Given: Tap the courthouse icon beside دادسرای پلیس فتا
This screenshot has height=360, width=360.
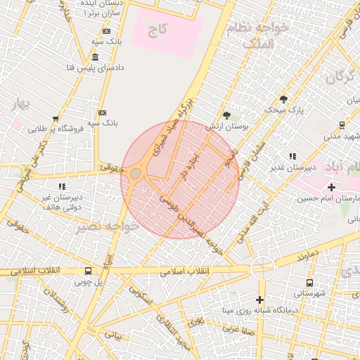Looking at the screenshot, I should click(95, 57).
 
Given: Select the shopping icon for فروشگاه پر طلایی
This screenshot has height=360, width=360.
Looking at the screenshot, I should click(56, 119).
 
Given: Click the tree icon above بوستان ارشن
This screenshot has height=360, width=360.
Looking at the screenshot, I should click(226, 115).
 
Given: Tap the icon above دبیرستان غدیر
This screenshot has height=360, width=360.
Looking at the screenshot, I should click(292, 156).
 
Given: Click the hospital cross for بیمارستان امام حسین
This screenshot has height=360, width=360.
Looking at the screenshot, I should click(332, 187).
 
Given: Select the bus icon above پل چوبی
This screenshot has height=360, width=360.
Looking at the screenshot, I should click(89, 271).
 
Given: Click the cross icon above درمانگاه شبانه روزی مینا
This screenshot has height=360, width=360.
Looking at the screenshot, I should click(260, 300).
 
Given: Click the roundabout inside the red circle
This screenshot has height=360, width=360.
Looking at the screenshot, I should click(136, 173).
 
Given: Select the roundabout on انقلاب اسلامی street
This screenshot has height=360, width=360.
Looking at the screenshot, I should click(262, 267).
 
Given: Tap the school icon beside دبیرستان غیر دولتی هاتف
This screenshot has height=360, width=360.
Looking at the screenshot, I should click(62, 186).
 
